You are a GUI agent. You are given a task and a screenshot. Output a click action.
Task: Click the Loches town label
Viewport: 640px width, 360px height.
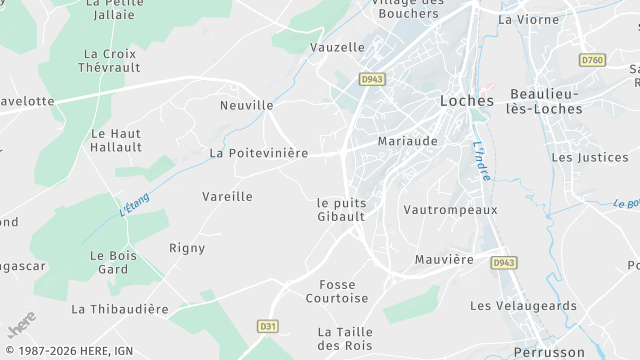(x=466, y=101)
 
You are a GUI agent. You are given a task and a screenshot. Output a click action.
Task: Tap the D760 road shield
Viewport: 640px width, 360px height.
(x=592, y=60)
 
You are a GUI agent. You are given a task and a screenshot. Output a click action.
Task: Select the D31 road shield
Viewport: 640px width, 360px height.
(x=267, y=326)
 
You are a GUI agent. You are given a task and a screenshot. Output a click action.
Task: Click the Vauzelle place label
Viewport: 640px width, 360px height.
(x=337, y=47)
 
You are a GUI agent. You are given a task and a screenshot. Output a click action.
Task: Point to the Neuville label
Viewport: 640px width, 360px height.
(x=246, y=105)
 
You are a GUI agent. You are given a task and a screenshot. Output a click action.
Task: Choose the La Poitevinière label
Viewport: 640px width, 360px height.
(x=258, y=153)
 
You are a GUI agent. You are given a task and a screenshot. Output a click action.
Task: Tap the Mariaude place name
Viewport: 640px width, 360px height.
(x=407, y=141)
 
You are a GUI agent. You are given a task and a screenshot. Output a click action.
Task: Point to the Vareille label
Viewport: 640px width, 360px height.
(x=227, y=197)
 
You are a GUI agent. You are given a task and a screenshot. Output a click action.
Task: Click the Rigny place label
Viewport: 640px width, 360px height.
(x=187, y=248)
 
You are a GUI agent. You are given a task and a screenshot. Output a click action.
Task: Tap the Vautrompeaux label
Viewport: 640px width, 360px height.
(x=450, y=210)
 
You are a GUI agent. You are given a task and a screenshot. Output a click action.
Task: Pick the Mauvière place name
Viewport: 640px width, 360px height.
(x=444, y=259)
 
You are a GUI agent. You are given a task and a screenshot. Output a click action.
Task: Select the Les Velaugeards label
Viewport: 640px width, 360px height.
(x=523, y=305)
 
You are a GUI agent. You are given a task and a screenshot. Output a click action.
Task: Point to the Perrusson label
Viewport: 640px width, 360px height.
(x=549, y=352)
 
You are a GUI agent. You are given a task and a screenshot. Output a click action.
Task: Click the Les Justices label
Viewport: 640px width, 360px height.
(x=589, y=157)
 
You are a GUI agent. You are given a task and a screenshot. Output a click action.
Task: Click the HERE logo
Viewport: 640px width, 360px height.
(x=21, y=327)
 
